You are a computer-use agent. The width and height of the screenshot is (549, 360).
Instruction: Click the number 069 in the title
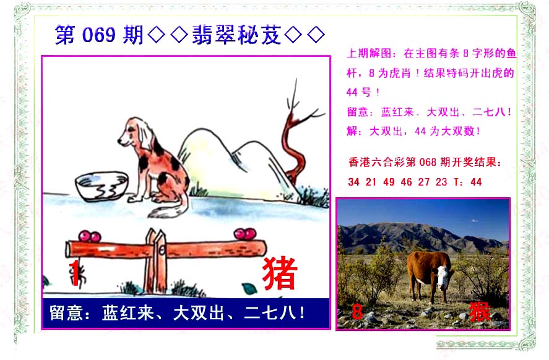[98, 35]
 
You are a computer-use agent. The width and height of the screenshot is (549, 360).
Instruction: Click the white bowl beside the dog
[102, 186]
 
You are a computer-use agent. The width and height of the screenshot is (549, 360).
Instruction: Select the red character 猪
[280, 273]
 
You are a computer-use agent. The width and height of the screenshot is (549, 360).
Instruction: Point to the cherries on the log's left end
[90, 236]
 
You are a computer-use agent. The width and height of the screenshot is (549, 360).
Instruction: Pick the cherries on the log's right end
[244, 234]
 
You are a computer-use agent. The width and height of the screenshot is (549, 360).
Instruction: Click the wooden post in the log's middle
[156, 260]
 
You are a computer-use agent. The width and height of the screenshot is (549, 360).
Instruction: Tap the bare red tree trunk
[295, 147]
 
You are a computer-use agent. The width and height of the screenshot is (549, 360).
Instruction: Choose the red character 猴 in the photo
[479, 311]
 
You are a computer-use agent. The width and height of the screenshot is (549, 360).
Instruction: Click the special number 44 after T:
[476, 182]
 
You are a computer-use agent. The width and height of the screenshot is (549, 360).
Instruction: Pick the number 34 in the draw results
[353, 182]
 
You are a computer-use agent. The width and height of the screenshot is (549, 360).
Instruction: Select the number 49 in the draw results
[389, 182]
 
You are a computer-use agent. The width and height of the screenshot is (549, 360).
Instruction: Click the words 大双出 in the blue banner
[199, 313]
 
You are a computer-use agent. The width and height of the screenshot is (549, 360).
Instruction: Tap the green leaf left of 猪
[249, 289]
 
